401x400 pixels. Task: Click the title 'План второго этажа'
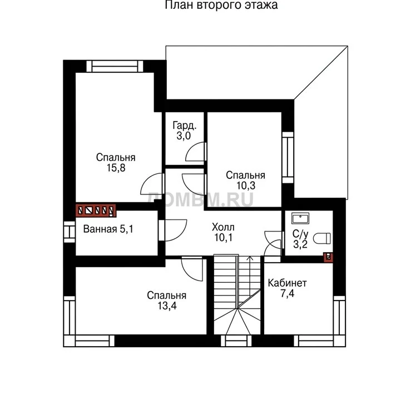point(221,5)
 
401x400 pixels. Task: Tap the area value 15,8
point(116,168)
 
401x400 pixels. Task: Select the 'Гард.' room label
point(185,126)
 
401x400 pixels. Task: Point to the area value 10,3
point(245,186)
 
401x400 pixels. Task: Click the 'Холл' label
point(223,227)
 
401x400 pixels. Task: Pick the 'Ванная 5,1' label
point(108,229)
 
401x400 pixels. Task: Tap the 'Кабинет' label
point(287,283)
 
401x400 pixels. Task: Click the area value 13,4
point(167,306)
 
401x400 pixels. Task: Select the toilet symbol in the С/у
point(322,238)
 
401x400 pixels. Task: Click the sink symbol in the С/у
point(300,219)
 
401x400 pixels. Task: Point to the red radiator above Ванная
point(96,211)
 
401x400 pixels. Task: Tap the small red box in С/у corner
point(328,257)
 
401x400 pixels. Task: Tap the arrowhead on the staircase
point(250,258)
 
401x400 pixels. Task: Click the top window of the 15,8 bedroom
point(115,67)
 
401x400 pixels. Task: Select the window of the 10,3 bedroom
point(288,157)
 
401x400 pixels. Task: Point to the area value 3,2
point(300,244)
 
